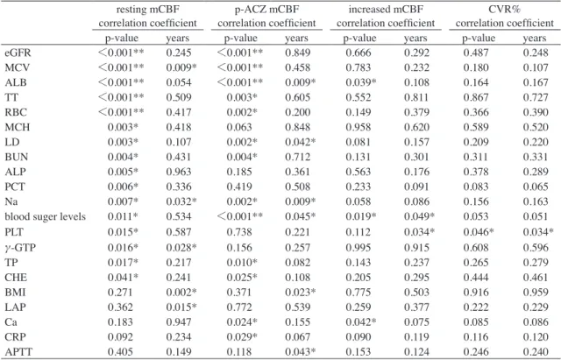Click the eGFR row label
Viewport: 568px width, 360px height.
18,53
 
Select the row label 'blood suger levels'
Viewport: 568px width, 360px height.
46,216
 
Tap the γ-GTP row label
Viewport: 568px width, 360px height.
20,248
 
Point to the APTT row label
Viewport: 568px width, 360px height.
18,351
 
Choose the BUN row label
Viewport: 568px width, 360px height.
17,157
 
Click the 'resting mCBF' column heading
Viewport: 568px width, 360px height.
148,10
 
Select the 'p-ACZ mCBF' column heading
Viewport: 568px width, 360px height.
266,10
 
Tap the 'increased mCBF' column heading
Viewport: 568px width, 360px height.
386,10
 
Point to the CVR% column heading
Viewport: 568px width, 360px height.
505,10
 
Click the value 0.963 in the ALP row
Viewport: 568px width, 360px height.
179,172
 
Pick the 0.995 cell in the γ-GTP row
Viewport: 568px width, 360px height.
359,248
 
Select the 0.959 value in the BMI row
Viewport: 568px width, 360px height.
536,293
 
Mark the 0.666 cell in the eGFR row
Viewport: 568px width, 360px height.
359,53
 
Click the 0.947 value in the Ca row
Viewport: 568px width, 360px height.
179,322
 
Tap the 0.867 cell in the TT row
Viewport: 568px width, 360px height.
476,97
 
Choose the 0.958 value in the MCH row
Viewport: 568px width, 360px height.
359,127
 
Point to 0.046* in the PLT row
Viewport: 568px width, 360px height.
479,232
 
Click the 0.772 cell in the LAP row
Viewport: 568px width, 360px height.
239,307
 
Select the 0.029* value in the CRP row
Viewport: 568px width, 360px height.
242,337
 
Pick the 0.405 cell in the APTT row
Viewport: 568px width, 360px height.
120,351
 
